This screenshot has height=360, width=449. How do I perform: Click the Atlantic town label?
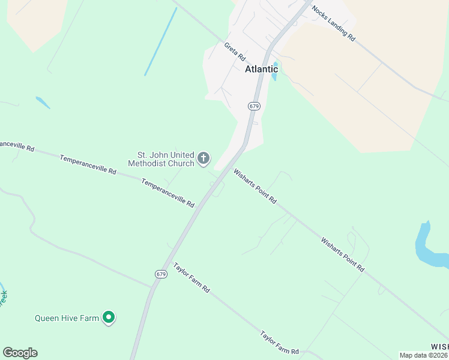(x=261, y=69)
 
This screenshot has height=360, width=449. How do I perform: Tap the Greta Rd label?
(x=235, y=51)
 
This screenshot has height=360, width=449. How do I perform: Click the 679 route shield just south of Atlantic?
(x=254, y=106)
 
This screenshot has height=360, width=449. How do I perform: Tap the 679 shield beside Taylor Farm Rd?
(x=160, y=274)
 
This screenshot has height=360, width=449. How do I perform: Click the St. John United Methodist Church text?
(x=161, y=159)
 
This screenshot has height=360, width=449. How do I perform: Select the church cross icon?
(x=203, y=158)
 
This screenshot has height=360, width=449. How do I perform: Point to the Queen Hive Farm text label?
(x=67, y=318)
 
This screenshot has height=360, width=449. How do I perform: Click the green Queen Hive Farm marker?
(x=109, y=317)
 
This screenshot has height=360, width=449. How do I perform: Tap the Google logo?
(x=20, y=353)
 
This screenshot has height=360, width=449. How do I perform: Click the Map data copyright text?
(x=423, y=355)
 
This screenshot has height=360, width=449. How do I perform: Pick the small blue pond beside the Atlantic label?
(x=275, y=71)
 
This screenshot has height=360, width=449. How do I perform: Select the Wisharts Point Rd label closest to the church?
(x=255, y=186)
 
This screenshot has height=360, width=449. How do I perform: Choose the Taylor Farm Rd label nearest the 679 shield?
(x=191, y=277)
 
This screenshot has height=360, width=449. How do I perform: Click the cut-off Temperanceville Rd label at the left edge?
(x=17, y=145)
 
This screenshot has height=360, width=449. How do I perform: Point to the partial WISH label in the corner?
(x=439, y=347)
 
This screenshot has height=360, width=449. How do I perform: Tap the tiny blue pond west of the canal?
(x=43, y=103)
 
